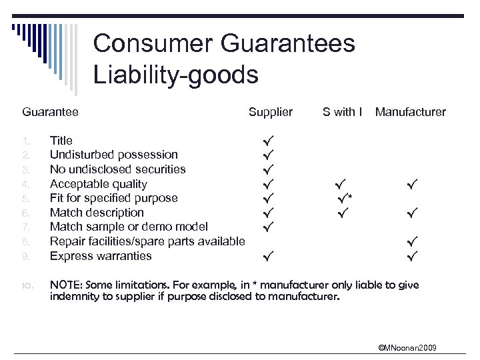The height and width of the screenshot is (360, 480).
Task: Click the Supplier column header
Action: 270,112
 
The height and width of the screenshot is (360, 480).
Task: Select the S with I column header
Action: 342,112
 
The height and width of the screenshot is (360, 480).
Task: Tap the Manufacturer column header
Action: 410,112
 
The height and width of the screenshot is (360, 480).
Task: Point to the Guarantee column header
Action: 50,112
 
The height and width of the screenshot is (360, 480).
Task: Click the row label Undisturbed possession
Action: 114,155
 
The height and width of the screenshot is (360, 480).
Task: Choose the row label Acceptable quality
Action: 99,184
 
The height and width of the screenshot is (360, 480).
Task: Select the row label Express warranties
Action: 101,256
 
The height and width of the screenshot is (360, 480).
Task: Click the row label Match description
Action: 97,213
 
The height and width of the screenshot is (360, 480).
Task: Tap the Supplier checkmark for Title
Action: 268,141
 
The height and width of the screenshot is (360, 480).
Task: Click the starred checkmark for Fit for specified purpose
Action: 343,198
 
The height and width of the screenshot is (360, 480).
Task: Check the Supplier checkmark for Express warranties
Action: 268,255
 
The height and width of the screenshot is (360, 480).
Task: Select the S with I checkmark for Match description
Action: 343,213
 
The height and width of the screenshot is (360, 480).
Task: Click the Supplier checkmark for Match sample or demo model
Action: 268,227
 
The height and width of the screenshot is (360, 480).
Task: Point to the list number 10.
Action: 27,285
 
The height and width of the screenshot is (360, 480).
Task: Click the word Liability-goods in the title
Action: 175,75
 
